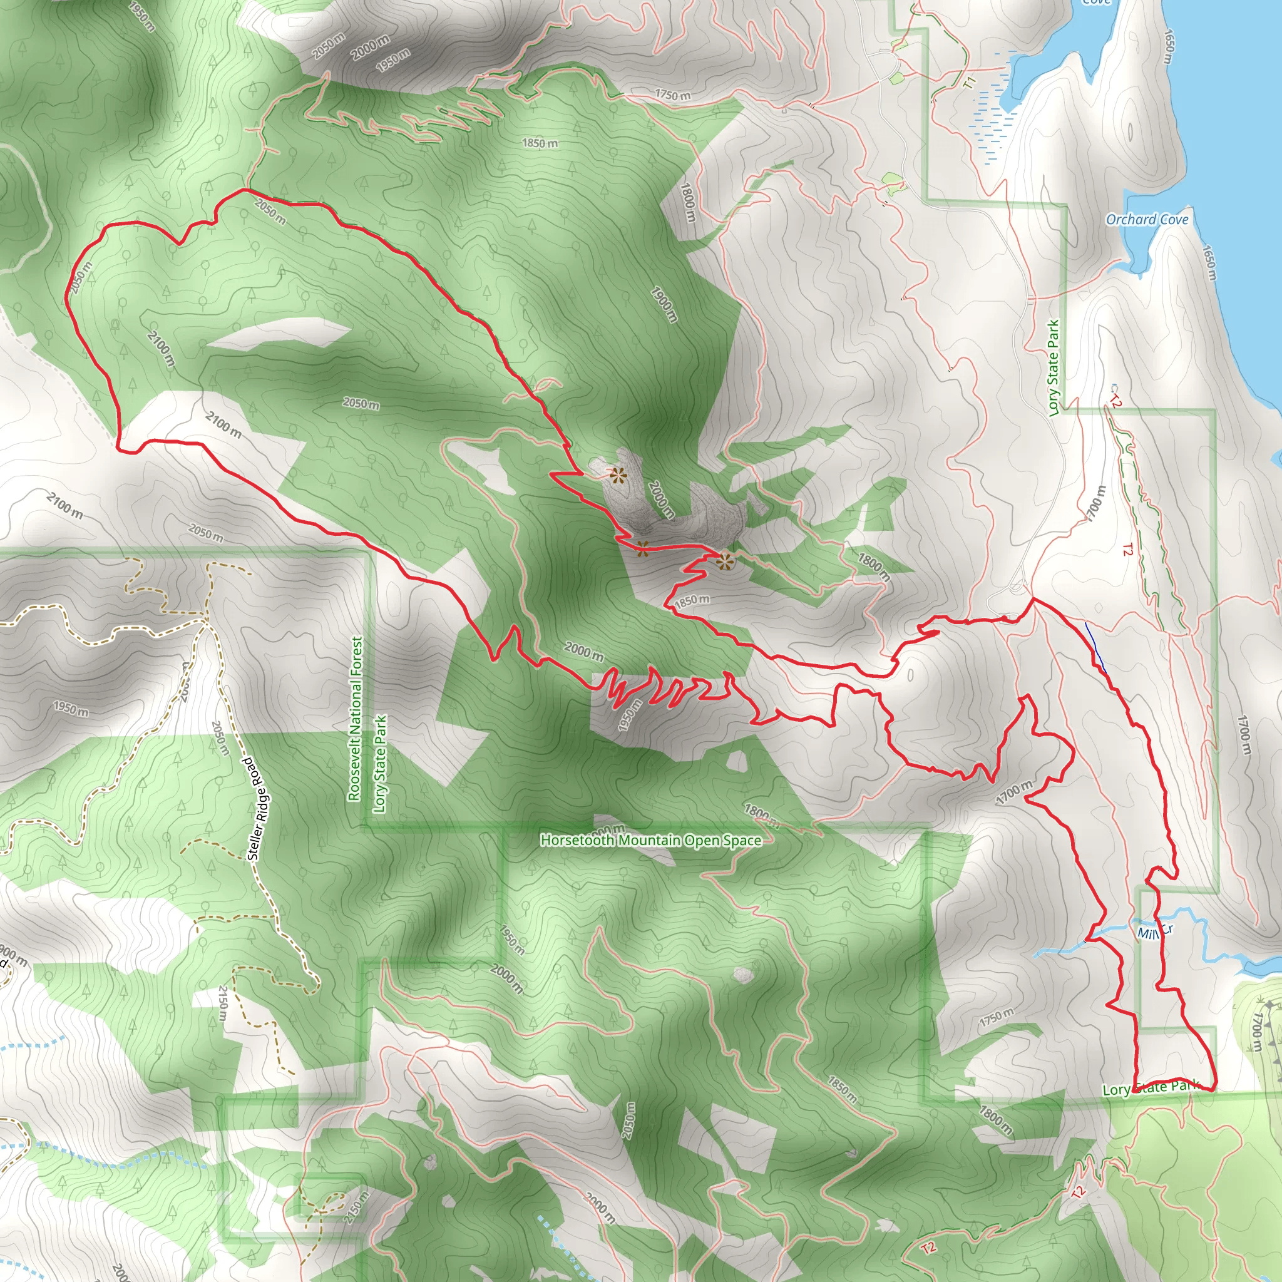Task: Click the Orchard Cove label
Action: pos(1147,220)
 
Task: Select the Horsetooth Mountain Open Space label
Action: pos(651,841)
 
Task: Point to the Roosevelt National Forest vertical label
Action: pos(356,719)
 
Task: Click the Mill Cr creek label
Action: pos(1154,931)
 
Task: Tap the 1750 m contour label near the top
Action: pos(672,95)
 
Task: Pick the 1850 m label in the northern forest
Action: pos(540,143)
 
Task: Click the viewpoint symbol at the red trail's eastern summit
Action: pos(725,562)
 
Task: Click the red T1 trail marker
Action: pos(970,84)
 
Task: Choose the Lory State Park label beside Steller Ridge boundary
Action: pos(379,763)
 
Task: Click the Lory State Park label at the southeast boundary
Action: pos(1150,1087)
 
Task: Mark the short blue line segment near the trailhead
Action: pos(1095,647)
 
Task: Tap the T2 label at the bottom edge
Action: pos(928,1248)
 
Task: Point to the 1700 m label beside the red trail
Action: pos(1014,792)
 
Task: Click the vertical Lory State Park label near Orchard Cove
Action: pos(1053,368)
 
